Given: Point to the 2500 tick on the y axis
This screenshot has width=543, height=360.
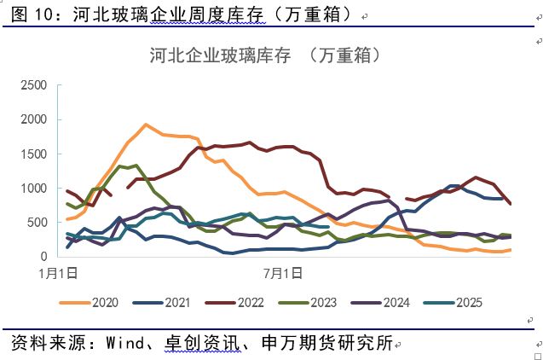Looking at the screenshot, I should tap(33, 85).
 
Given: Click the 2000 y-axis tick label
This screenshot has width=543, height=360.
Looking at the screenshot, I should tap(33, 119).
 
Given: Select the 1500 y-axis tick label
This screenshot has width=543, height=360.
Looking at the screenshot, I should tap(33, 154).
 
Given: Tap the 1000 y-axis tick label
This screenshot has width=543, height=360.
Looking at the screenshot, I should tap(33, 188).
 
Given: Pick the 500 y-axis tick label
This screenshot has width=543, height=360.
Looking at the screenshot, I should tap(37, 222).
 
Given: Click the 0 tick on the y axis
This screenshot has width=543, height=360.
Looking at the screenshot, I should tap(44, 256).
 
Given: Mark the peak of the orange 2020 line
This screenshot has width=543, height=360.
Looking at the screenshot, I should tap(146, 125).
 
